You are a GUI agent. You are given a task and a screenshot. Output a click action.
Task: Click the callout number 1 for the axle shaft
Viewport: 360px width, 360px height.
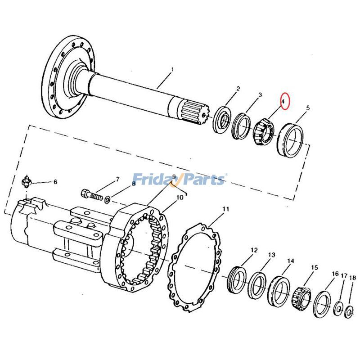[x=171, y=70]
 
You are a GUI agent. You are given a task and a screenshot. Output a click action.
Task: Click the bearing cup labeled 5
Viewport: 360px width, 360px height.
[x=291, y=140]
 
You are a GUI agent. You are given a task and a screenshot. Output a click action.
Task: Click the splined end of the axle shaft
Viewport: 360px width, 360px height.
[x=193, y=113]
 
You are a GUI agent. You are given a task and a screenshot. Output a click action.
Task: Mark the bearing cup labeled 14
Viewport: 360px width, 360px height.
[x=278, y=291]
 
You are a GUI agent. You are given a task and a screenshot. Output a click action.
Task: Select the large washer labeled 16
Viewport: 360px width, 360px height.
[x=322, y=304]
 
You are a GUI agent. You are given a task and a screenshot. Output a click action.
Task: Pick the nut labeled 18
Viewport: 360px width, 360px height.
[x=349, y=312]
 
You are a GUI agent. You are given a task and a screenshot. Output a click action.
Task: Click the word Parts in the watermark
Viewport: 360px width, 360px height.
[x=202, y=180]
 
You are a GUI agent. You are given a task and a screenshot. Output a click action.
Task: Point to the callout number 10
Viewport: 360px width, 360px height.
[x=179, y=198]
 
